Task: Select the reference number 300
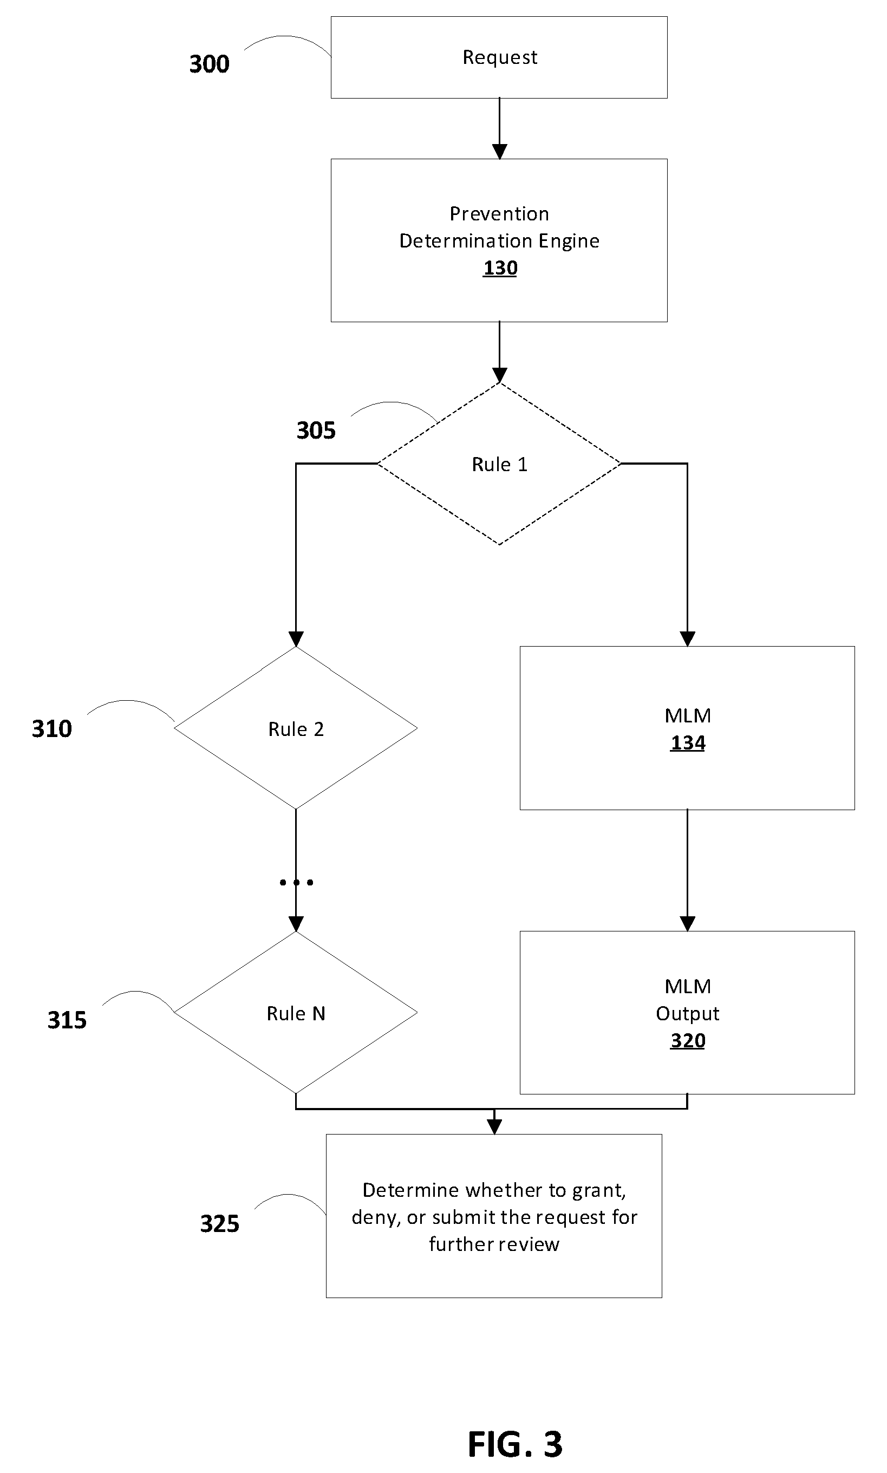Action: (x=209, y=64)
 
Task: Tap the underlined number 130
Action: (x=500, y=268)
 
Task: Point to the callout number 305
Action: (x=316, y=430)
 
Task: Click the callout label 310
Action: (x=52, y=728)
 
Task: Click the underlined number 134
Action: (x=688, y=743)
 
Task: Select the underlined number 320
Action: (x=688, y=1040)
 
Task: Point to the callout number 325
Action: (x=219, y=1224)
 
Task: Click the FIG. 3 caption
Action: (x=515, y=1444)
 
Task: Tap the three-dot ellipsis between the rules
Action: (x=296, y=882)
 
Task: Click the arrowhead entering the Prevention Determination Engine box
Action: (x=500, y=152)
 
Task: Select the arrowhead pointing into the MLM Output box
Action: (x=687, y=924)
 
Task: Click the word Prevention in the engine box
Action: (x=499, y=213)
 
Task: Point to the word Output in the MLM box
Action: (x=687, y=1013)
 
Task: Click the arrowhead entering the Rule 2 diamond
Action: (x=296, y=640)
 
